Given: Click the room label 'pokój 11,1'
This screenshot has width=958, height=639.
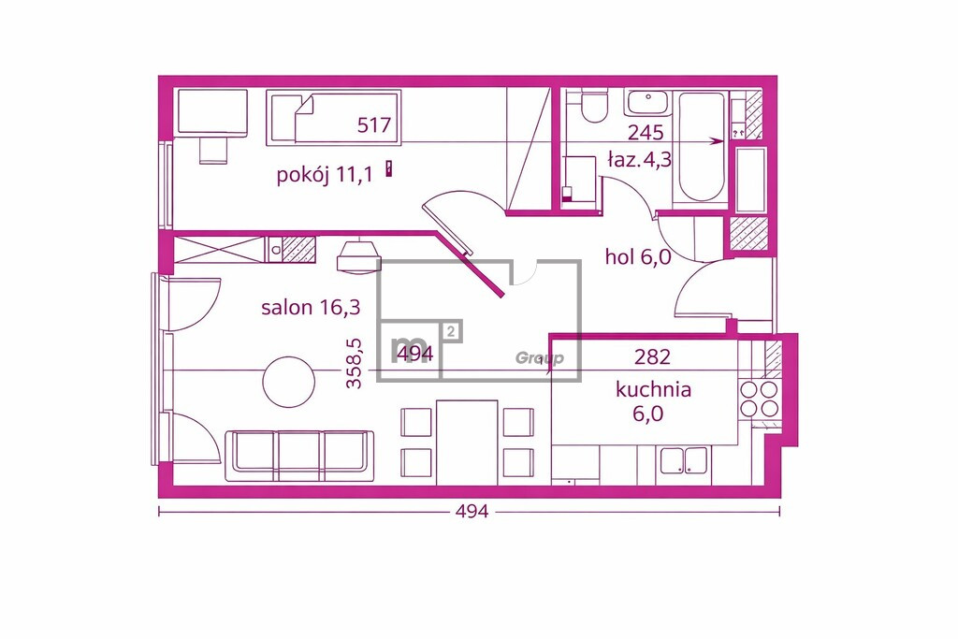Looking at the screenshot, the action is [325, 175].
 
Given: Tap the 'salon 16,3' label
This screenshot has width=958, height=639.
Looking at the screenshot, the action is [311, 307].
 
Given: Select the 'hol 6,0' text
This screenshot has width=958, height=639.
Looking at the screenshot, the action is [638, 257].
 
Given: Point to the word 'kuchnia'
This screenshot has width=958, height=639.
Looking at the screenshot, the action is [653, 390].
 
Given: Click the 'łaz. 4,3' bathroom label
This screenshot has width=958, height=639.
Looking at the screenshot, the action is [639, 159].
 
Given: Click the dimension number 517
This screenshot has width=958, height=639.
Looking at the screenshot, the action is [374, 125].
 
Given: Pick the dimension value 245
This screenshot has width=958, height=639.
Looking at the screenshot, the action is [646, 132].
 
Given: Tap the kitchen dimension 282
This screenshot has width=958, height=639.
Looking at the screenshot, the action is [652, 356].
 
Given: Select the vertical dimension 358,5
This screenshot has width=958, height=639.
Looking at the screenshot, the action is [355, 364].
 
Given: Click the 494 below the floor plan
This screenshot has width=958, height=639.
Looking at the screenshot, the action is [472, 512].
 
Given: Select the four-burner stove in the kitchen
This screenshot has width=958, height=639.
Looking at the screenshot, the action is [759, 398].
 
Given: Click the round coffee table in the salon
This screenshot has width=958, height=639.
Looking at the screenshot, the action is [289, 382].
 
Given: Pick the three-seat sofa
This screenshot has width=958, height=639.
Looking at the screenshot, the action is [299, 456].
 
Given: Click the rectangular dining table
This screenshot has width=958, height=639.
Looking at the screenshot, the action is [467, 443].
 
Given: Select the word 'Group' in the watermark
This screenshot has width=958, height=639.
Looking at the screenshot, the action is [540, 358].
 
